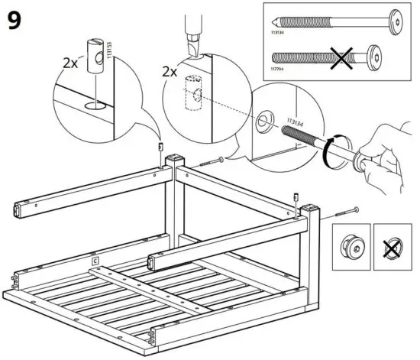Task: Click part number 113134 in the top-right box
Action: (282, 34)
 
